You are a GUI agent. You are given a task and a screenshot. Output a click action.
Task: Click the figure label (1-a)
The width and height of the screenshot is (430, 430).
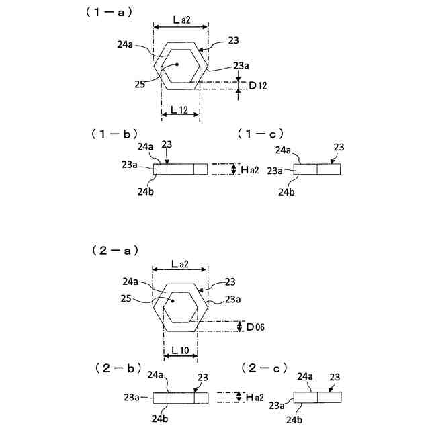coord(108,12)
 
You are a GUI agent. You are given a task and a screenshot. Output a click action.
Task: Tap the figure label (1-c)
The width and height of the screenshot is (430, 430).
coord(261,134)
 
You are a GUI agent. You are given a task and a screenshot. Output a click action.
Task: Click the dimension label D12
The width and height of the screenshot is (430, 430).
coord(257,85)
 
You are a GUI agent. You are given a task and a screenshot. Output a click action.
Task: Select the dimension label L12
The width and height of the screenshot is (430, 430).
coord(179,108)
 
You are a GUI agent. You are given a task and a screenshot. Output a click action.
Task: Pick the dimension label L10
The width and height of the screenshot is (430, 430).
coord(179,350)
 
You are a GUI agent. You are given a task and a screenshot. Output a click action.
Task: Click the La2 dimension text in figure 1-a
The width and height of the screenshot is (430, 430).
coord(181,20)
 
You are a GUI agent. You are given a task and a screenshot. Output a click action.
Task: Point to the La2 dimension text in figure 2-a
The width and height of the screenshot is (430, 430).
coord(181,263)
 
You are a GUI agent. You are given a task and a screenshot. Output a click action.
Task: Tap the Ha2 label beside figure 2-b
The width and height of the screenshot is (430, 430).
coord(253,398)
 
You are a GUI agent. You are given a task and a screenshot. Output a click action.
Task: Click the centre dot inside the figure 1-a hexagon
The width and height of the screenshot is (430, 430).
coord(178,64)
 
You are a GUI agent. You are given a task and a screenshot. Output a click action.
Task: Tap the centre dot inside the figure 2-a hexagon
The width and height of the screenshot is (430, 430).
coord(173,301)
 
